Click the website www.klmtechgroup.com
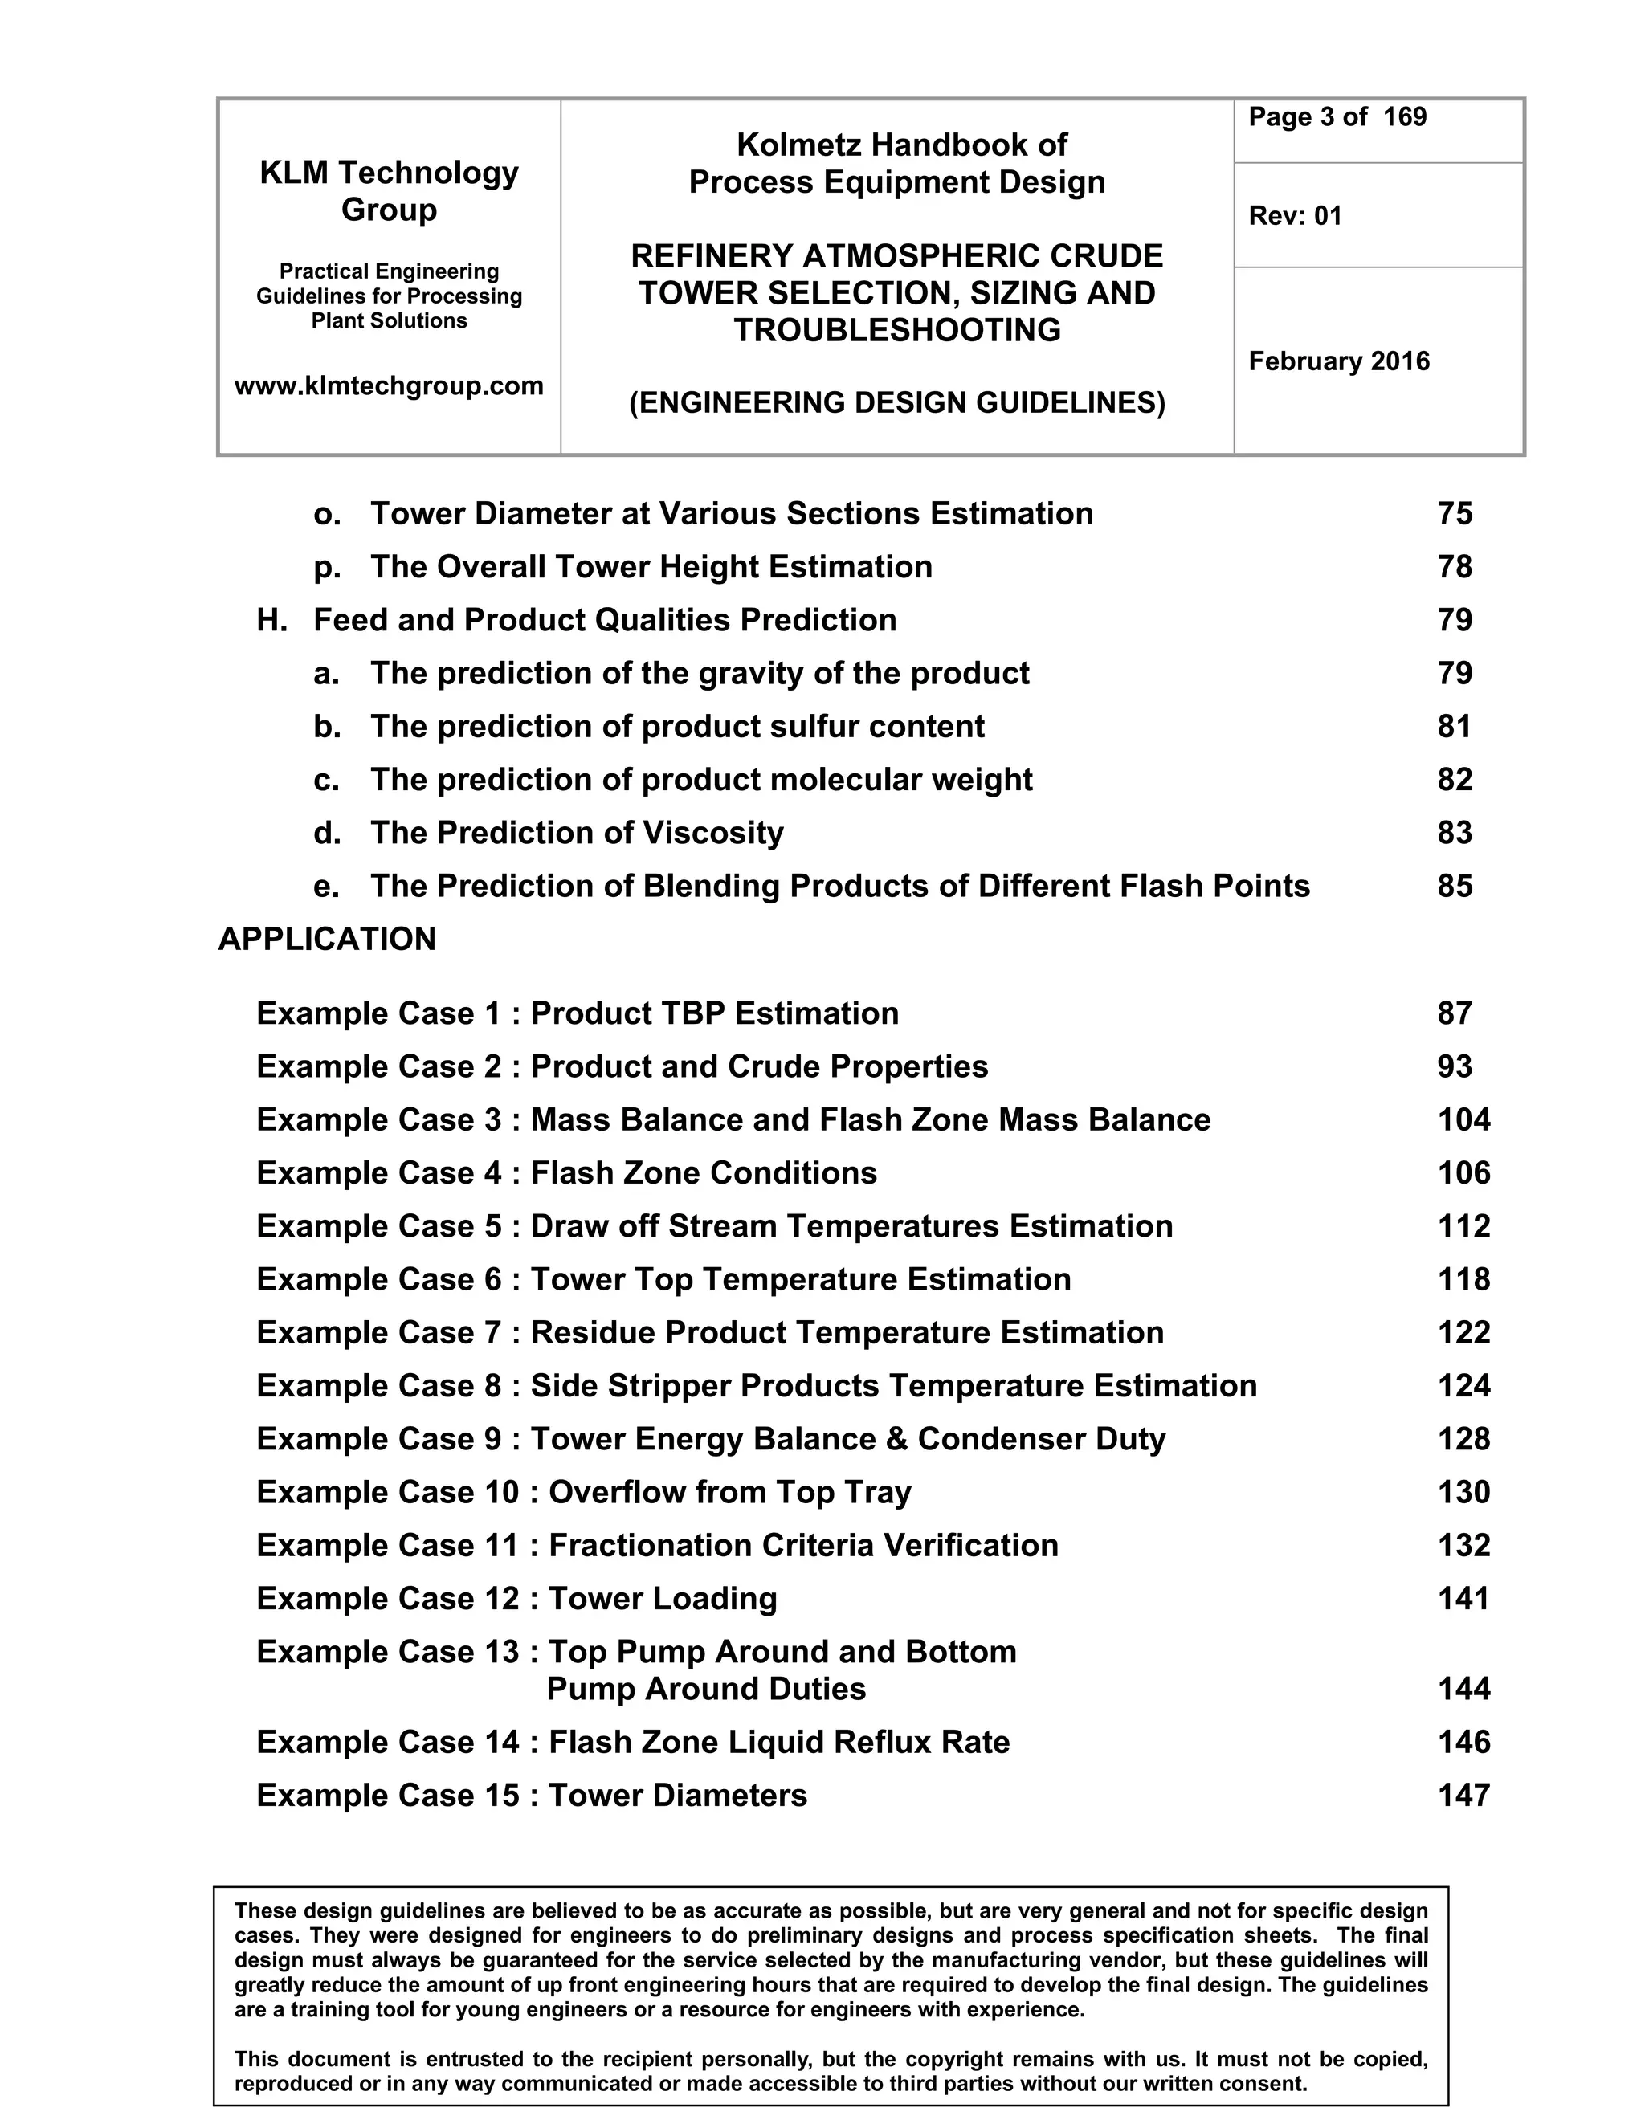pos(389,385)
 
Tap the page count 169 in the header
pos(1404,117)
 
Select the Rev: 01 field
pos(1295,215)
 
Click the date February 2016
pos(1339,361)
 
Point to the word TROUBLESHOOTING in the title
pos(896,330)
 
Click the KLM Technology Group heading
pos(389,191)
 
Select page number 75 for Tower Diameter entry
pos(1454,513)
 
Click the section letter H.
pos(270,620)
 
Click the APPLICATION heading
pos(328,940)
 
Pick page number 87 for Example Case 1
pos(1454,1013)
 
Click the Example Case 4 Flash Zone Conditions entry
pos(566,1173)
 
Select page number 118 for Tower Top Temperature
pos(1463,1279)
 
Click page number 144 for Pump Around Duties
pos(1463,1689)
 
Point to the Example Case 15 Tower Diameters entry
pos(531,1795)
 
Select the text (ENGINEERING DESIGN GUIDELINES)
pos(896,402)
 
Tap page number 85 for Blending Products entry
pos(1454,886)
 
